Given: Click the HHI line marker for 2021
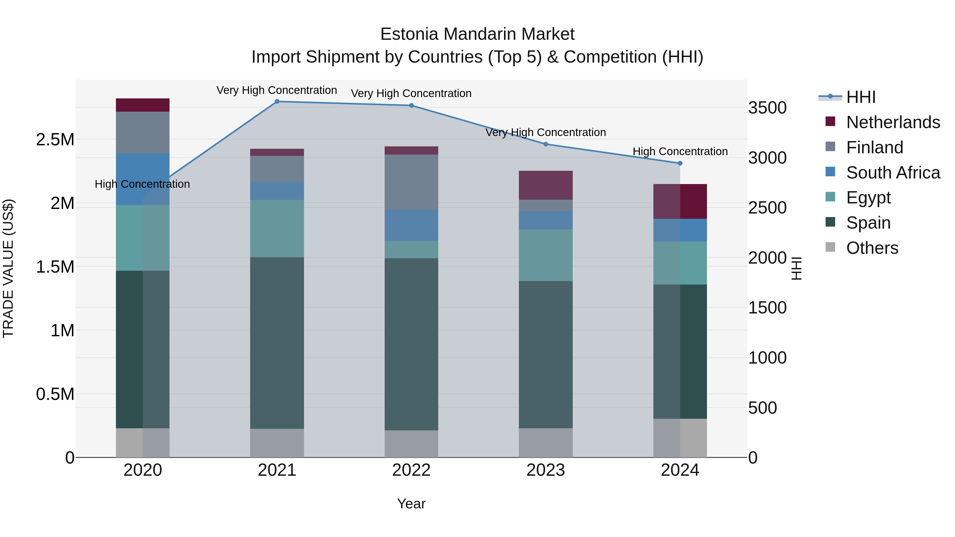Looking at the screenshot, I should coord(277,102).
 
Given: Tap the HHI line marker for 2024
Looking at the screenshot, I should coord(680,163).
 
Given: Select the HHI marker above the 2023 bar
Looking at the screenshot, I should coord(546,144).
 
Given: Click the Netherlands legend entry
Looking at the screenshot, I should coord(893,122).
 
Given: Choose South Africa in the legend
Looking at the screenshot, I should coord(893,173).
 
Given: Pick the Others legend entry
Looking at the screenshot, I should coord(872,248).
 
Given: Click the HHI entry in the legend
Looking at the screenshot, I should coord(861,97).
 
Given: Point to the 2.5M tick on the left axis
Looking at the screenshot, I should coord(55,140).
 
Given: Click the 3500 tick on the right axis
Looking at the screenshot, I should coord(767,108).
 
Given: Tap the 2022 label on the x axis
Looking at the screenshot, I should coord(411,470).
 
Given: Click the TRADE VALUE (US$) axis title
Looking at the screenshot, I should coord(8,268).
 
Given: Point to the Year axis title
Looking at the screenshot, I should coord(411,504).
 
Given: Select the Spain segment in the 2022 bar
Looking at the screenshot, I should coord(411,344).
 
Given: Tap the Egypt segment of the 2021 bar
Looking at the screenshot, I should coord(277,229).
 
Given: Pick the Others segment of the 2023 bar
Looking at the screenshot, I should coord(546,443).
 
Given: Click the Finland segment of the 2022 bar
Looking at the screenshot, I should coord(411,182).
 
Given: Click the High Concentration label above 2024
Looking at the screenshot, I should coord(680,152).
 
